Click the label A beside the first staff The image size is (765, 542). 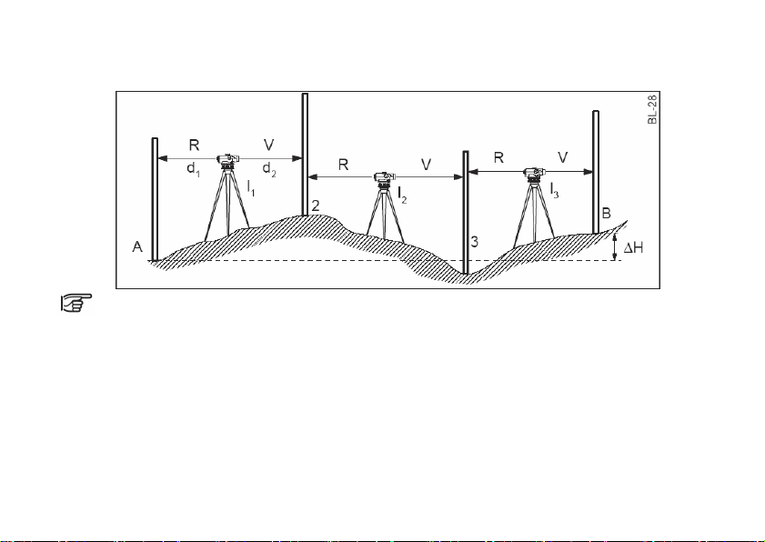point(137,247)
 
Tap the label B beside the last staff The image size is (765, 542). point(607,213)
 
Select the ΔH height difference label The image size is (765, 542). point(634,248)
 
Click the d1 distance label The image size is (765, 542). point(193,169)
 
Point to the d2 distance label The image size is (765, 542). point(269,169)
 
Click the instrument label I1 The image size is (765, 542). point(251,188)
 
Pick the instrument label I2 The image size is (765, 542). point(402,196)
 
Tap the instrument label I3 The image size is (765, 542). point(554,190)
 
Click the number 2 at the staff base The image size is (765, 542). point(316,206)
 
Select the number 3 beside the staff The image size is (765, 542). point(474,242)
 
